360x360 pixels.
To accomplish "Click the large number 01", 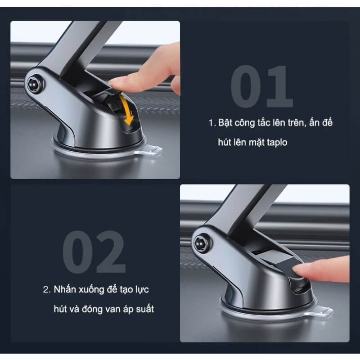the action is click(262, 86).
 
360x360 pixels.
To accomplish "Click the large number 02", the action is click(94, 252).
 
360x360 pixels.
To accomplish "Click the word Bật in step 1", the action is click(225, 122).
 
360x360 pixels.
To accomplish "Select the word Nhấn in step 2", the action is click(64, 289).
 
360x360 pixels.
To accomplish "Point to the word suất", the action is click(145, 309).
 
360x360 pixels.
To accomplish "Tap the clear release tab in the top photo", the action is click(152, 150).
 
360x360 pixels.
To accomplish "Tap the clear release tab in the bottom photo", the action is click(323, 311).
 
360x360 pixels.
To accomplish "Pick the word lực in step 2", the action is click(142, 289).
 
